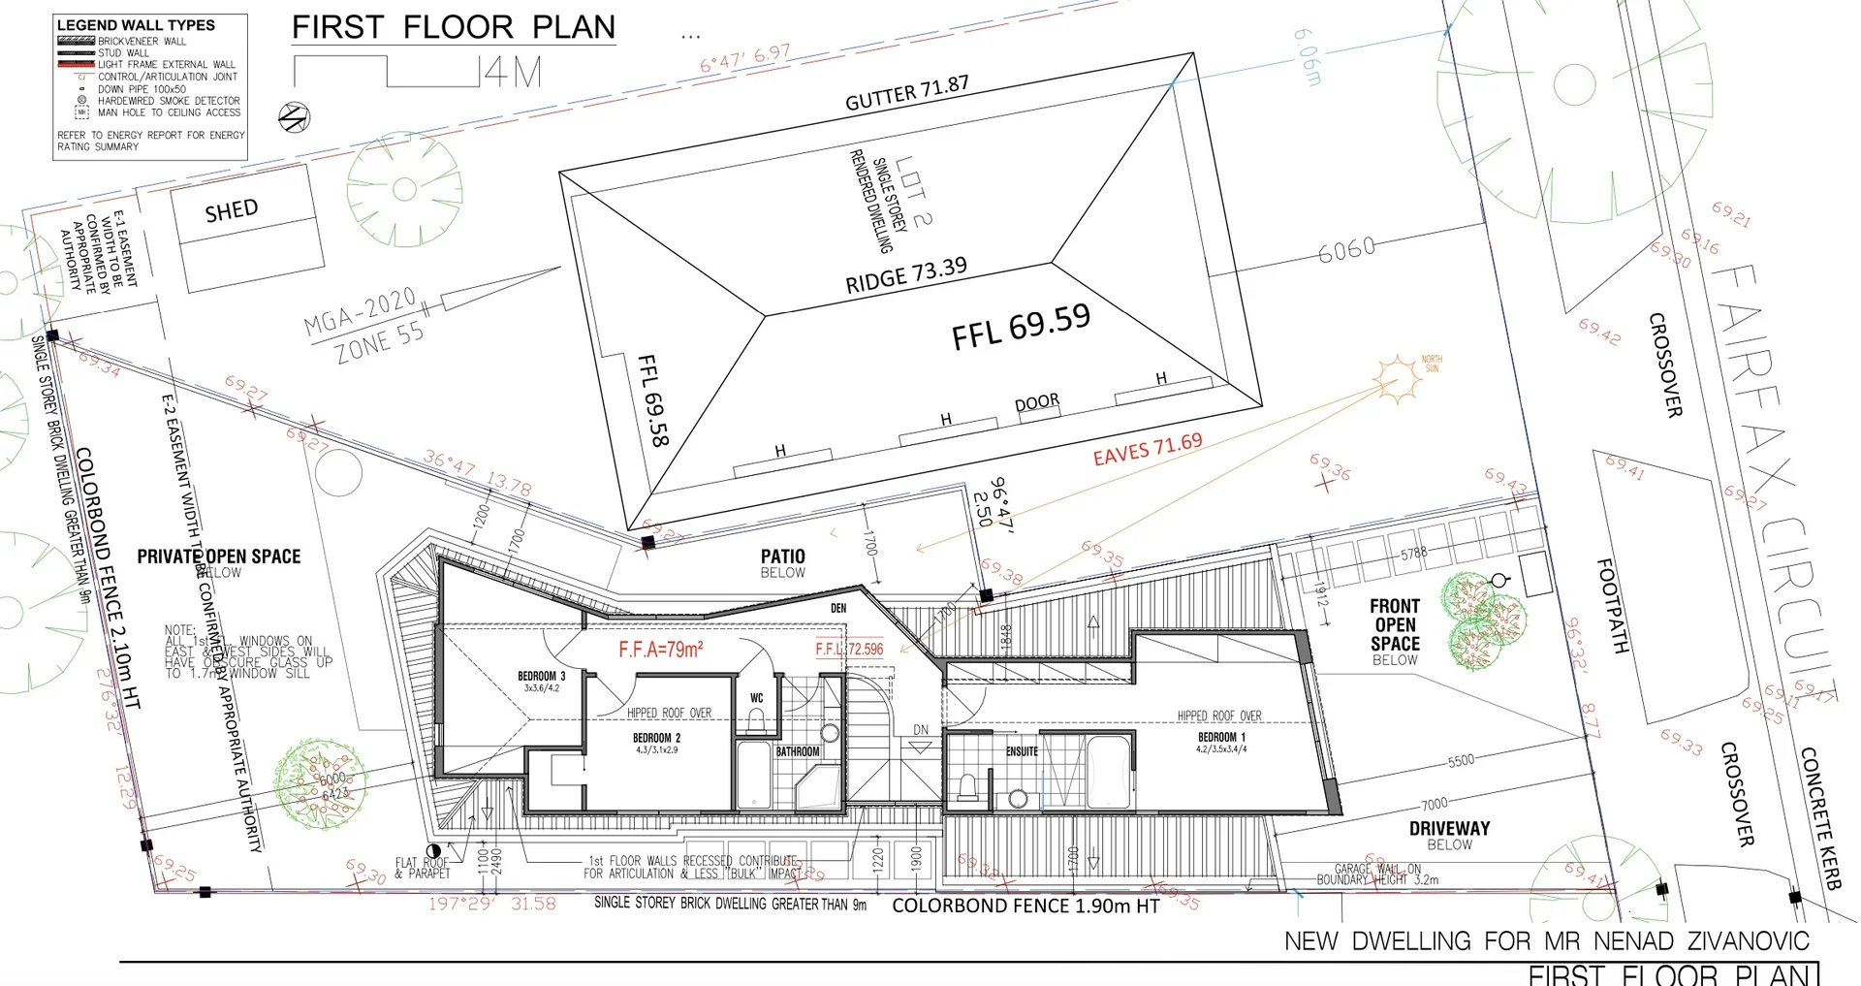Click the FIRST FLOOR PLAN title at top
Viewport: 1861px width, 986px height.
(454, 27)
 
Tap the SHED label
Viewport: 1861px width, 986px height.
(232, 210)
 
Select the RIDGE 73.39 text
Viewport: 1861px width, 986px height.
(906, 275)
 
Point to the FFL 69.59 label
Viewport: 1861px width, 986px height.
(1021, 326)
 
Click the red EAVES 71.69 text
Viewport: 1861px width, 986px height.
(1148, 449)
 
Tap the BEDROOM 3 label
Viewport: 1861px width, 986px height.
(541, 677)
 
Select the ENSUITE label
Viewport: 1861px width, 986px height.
(1022, 751)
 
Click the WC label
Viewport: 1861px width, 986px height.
(757, 698)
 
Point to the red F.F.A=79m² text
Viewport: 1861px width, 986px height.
(661, 650)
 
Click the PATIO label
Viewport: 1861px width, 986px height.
(782, 557)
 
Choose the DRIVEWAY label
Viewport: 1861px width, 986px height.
(1449, 828)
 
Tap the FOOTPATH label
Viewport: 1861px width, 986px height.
(1611, 605)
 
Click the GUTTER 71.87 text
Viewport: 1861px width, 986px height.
(906, 93)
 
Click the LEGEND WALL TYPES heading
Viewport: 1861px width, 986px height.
(136, 25)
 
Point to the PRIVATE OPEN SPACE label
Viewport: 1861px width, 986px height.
(218, 557)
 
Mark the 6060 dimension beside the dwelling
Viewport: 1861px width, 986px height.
(1346, 249)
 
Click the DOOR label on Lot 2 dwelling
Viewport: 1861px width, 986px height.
(1036, 402)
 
